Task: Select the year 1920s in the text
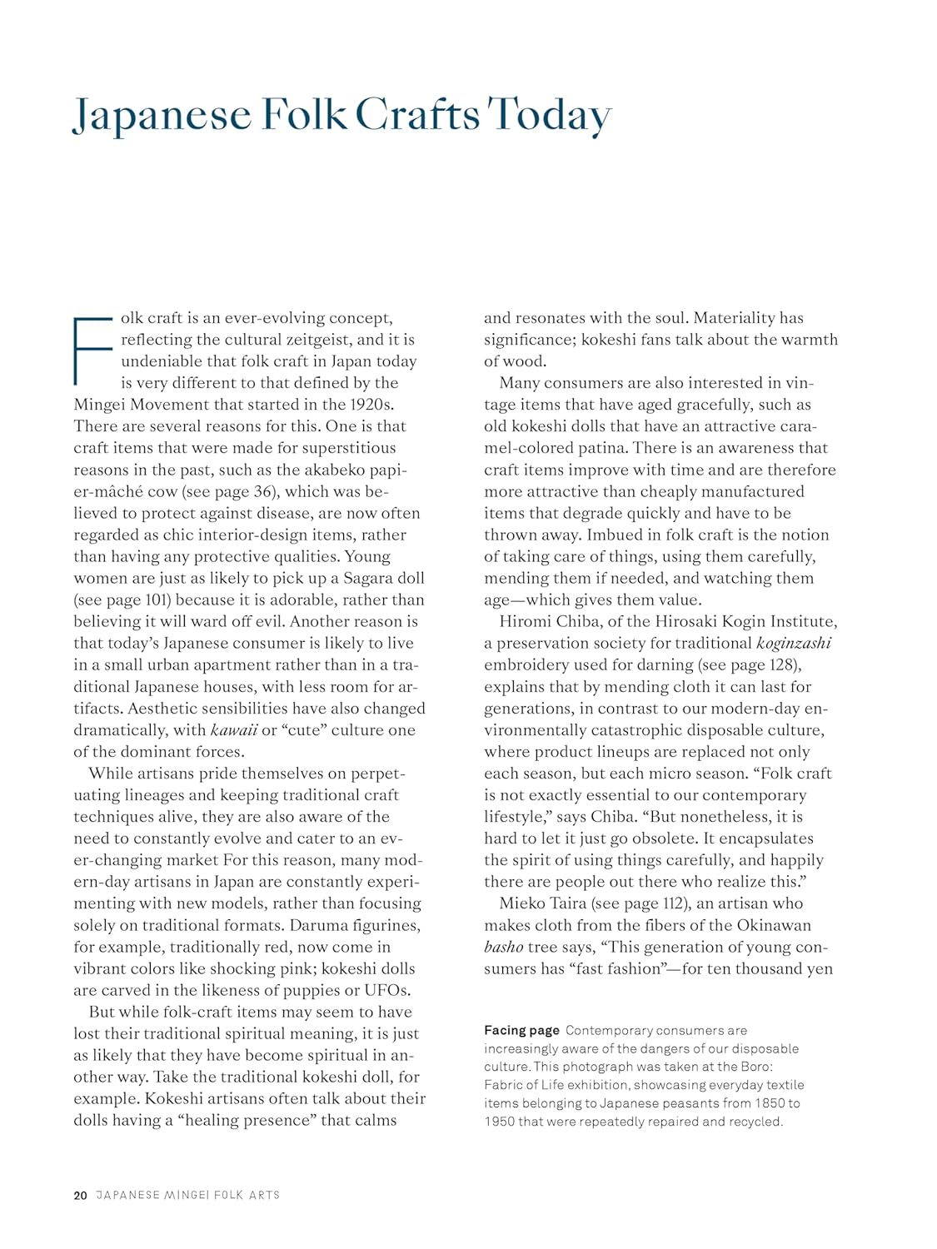366,405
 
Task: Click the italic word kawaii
234,730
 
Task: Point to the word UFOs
386,990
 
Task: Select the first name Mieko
523,903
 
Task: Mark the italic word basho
503,947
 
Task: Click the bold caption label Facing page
521,1031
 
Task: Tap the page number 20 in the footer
80,1195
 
